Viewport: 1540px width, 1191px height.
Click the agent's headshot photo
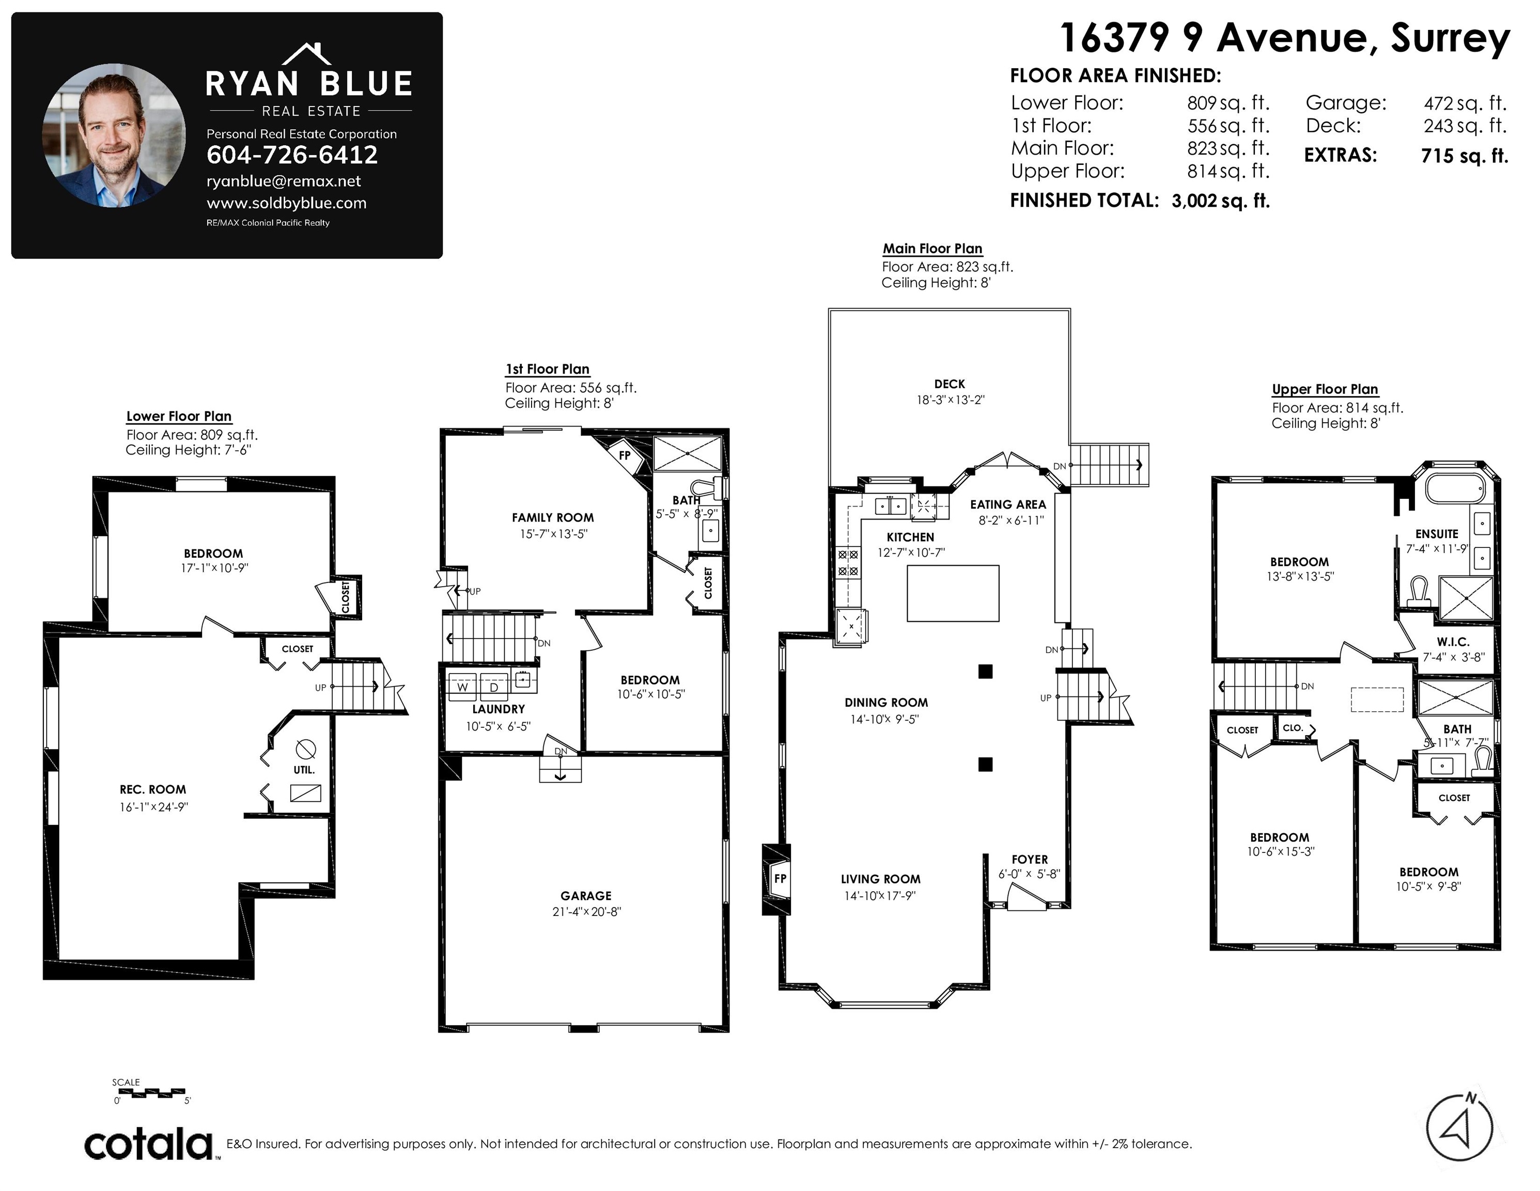coord(114,135)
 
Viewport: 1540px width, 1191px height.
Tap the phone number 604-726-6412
coord(292,155)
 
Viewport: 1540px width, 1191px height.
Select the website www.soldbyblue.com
coord(286,203)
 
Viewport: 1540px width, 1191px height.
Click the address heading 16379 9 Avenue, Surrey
coord(1285,38)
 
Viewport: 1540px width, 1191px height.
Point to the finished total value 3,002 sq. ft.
coord(1221,201)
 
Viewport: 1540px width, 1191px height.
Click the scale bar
coord(151,1093)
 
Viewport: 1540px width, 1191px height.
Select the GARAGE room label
coord(586,895)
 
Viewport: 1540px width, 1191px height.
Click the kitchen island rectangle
coord(953,593)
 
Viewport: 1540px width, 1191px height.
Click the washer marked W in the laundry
coord(462,686)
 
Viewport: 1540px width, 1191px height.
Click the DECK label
coord(949,384)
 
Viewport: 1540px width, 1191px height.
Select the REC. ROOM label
coord(153,789)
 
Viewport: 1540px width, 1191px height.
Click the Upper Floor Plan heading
coord(1325,389)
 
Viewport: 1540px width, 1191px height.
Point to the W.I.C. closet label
coord(1453,642)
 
